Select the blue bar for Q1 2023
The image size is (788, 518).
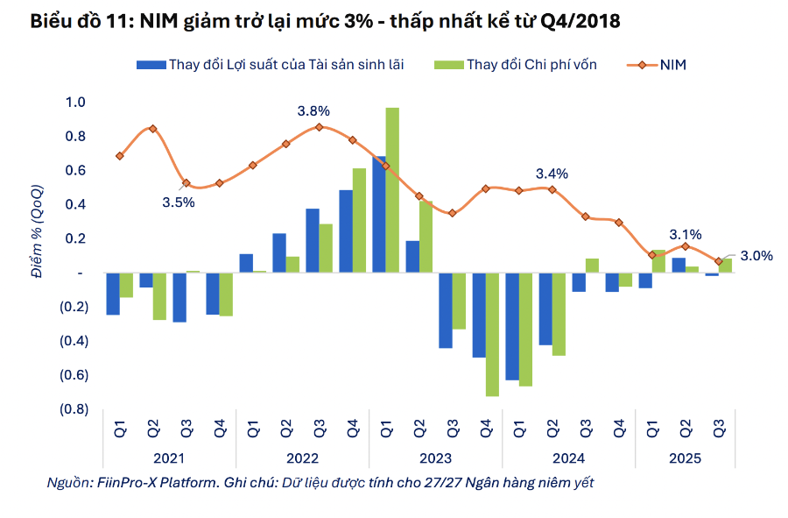(379, 215)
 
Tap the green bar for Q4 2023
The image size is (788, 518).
(492, 335)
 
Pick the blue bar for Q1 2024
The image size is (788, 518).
(512, 326)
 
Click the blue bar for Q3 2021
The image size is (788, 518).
(179, 297)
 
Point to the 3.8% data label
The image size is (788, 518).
(313, 111)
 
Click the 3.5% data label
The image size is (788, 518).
(179, 202)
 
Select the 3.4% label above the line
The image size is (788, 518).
(552, 174)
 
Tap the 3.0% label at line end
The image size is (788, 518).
(756, 256)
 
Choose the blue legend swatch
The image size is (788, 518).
(150, 64)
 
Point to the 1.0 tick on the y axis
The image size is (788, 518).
(75, 103)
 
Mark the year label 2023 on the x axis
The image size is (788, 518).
(435, 458)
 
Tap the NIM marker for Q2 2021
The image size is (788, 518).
(153, 129)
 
